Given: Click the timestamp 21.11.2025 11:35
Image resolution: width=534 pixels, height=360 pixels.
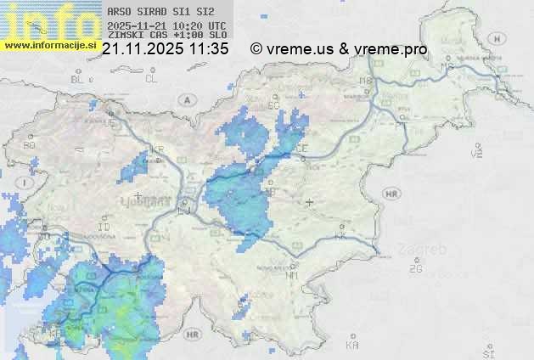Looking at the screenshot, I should point(165,49).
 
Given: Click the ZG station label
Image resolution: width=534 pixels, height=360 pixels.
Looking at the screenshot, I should point(415,269).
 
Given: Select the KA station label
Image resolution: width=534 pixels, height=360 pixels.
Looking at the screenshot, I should point(352,346).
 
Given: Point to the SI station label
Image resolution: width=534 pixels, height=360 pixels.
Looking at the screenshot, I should point(487,352).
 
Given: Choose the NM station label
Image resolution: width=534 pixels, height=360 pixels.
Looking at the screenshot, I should point(292,275).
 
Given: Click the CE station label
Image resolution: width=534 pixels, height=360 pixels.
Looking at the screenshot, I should point(301,148).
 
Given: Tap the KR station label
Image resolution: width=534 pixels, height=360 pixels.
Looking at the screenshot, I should point(156,150).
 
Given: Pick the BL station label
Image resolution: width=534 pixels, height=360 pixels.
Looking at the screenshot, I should point(78,79).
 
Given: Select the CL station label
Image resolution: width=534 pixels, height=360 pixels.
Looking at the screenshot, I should point(151,79).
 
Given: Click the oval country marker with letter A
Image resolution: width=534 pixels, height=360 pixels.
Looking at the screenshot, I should point(185,99).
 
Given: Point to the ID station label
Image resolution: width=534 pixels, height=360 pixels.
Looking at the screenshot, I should point(104,228).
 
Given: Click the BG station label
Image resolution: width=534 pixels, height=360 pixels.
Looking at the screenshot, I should point(30,145).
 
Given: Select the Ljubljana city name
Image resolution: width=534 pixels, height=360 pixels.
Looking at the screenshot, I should point(141,204).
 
